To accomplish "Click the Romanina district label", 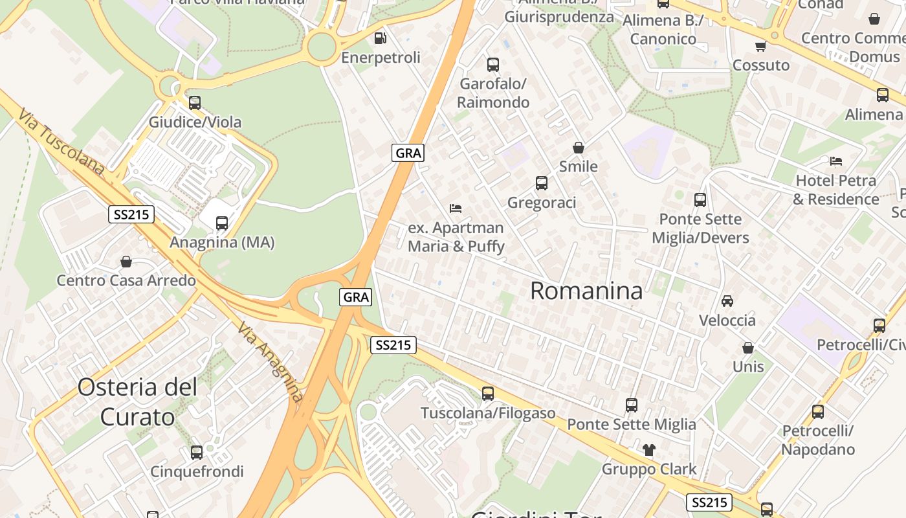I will (x=586, y=291).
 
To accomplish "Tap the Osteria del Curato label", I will (x=137, y=402).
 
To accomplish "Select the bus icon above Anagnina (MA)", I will (x=222, y=223).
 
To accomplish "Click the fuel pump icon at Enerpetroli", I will (x=381, y=38).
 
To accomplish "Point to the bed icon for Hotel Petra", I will (x=836, y=161).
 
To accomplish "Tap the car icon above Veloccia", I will (x=727, y=300).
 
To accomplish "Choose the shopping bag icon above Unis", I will (x=748, y=348).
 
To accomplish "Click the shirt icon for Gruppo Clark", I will (x=649, y=449).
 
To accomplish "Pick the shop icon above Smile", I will (x=579, y=148).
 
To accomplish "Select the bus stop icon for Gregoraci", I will (x=542, y=183).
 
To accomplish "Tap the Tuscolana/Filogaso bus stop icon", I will (x=488, y=393).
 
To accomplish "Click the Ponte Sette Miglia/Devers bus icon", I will (x=700, y=200).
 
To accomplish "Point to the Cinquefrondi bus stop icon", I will (x=197, y=452).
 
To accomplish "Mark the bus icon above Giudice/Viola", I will (x=195, y=102).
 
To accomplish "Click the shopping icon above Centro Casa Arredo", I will (x=126, y=262).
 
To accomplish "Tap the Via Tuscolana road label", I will (x=61, y=142).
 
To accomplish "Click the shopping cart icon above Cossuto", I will (x=760, y=46).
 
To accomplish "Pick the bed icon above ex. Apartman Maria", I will (x=456, y=208).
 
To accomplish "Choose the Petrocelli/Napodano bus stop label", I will (x=818, y=440).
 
